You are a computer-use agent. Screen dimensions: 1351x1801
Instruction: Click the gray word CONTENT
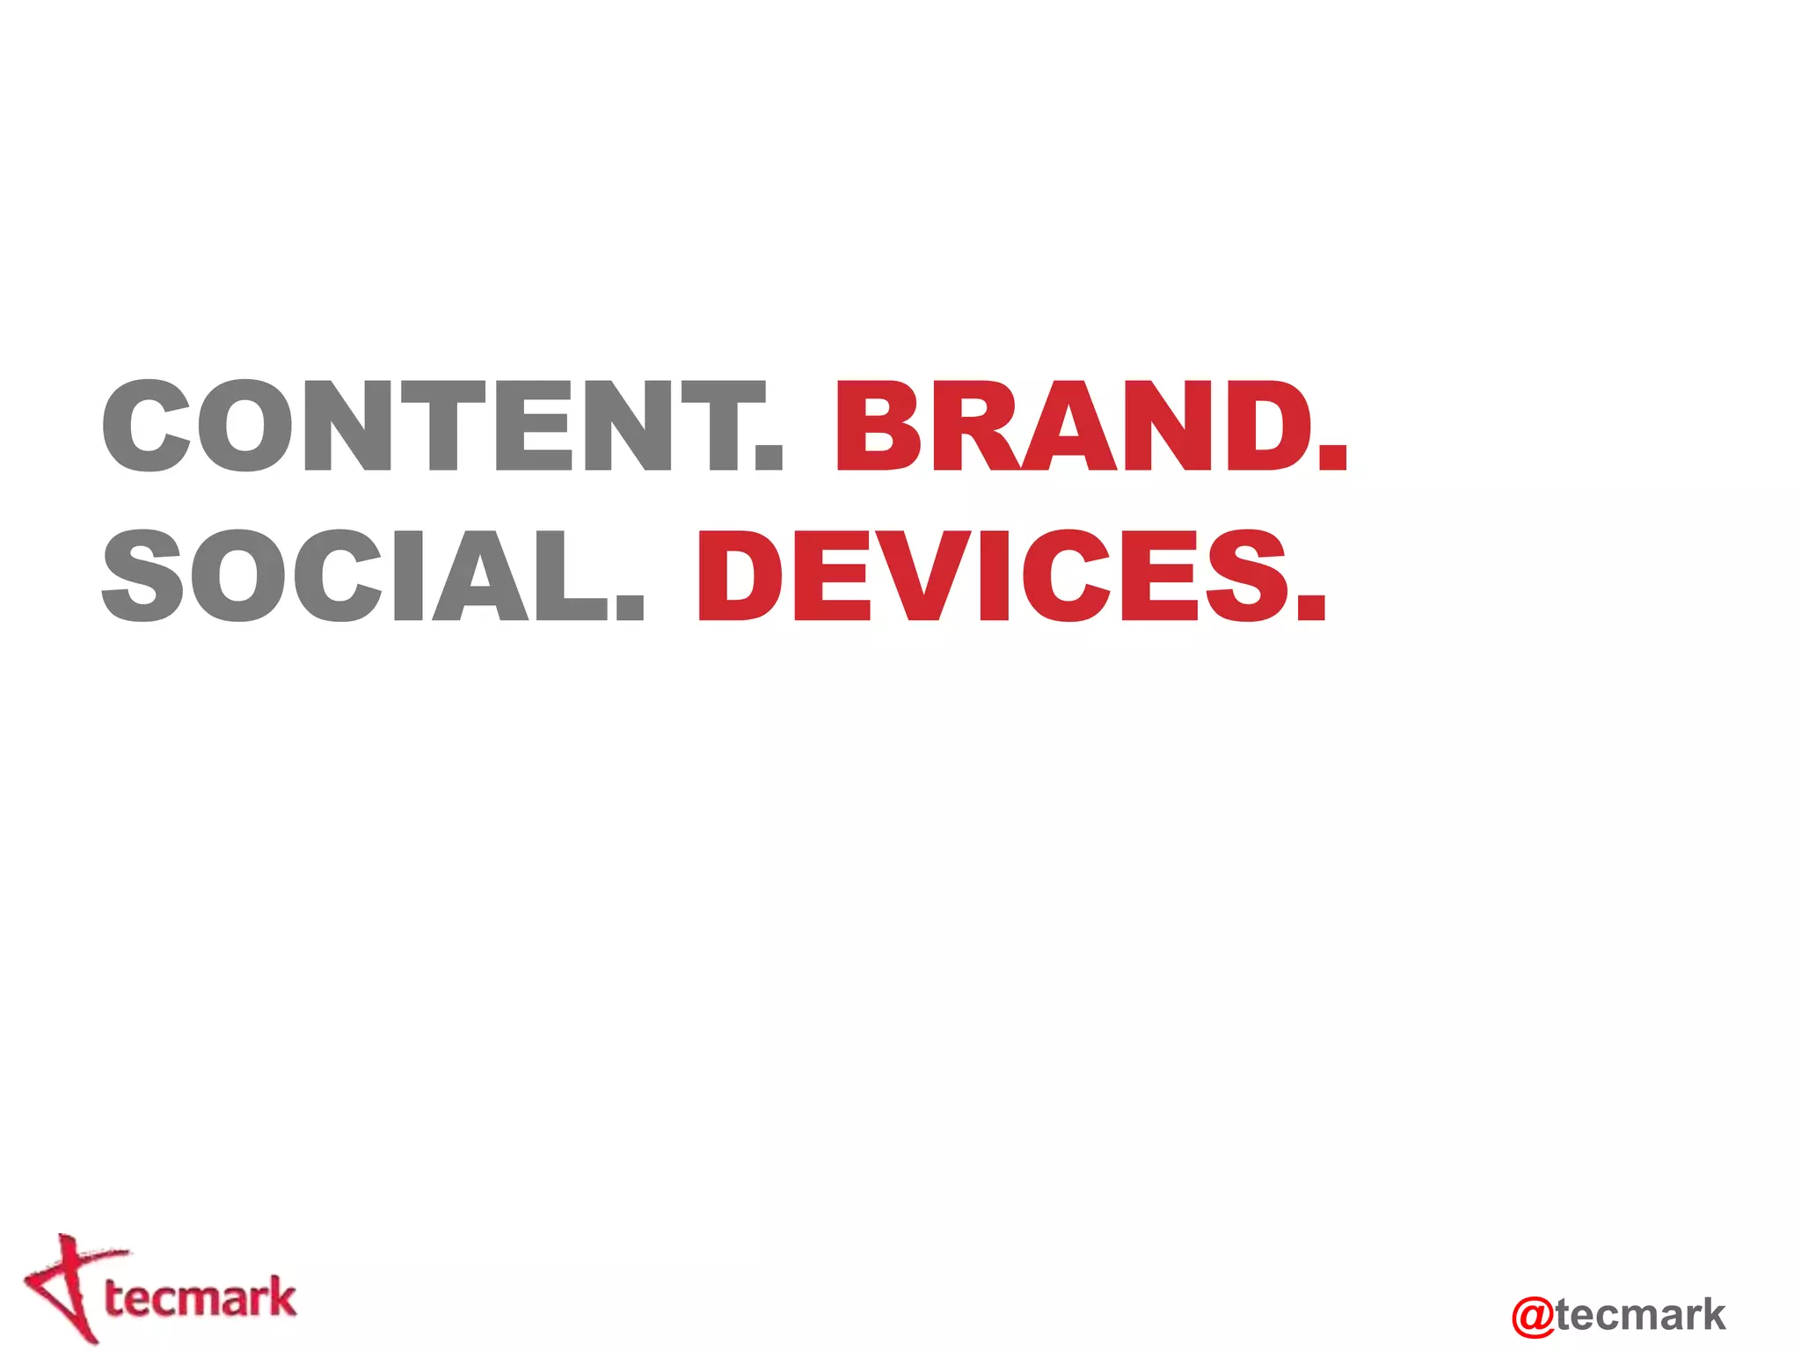[431, 427]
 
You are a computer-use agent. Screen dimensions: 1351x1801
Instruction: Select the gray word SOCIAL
[356, 576]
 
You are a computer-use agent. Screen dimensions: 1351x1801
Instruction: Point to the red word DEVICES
[994, 576]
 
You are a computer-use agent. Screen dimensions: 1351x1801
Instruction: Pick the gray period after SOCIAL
[630, 607]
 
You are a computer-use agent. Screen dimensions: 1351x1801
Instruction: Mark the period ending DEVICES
[1311, 607]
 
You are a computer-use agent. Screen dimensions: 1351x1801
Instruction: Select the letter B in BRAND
[880, 427]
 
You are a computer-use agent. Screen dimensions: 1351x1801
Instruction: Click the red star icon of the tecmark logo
[65, 1288]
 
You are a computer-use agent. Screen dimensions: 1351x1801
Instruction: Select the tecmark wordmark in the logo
[201, 1298]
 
